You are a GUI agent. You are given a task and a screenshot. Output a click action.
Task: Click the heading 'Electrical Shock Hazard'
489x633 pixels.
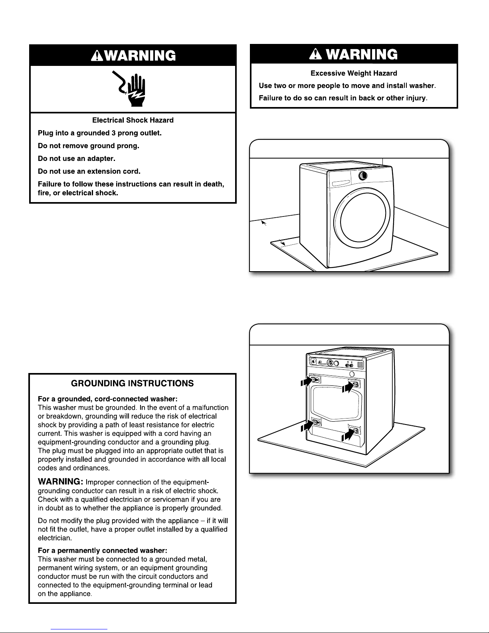pyautogui.click(x=133, y=120)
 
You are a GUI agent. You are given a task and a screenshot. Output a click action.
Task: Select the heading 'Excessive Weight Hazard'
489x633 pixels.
pyautogui.click(x=354, y=73)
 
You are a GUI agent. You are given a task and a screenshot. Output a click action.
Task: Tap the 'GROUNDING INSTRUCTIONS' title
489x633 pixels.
pyautogui.click(x=132, y=383)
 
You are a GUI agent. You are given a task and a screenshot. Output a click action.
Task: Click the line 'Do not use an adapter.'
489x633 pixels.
pyautogui.click(x=77, y=159)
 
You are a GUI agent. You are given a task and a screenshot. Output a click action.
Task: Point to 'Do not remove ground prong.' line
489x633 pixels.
pyautogui.click(x=88, y=146)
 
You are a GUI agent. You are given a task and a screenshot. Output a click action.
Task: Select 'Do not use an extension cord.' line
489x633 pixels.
pyautogui.click(x=89, y=171)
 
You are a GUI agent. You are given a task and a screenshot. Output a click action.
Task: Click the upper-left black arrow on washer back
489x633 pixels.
pyautogui.click(x=306, y=382)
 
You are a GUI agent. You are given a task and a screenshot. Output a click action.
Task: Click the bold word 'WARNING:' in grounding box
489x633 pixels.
pyautogui.click(x=60, y=482)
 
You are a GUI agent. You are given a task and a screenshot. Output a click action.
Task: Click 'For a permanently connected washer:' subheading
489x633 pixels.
pyautogui.click(x=99, y=550)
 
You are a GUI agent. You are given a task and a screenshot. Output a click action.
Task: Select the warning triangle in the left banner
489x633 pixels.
pyautogui.click(x=96, y=56)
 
